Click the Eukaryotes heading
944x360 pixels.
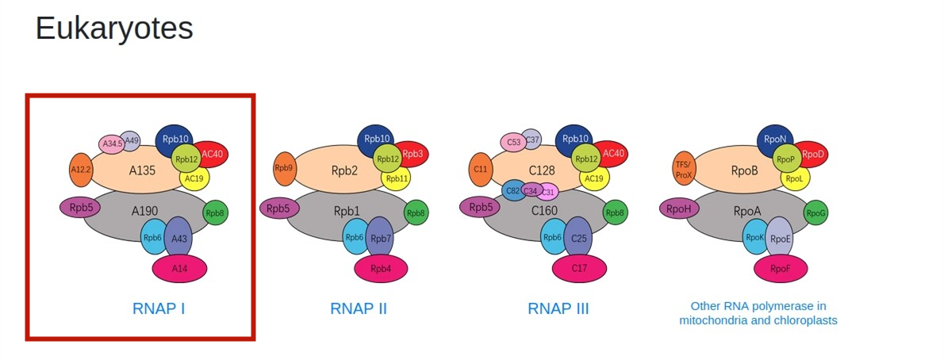tap(114, 29)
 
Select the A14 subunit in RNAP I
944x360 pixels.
tap(180, 268)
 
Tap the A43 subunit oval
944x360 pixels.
tap(178, 238)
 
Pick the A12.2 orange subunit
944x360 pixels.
tap(80, 170)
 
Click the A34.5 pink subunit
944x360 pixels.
tap(111, 144)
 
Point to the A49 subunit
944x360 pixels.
tap(131, 140)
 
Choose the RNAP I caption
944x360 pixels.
tap(159, 308)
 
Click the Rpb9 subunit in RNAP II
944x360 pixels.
tap(283, 169)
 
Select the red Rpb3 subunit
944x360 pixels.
tap(413, 154)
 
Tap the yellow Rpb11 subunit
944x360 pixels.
tap(397, 178)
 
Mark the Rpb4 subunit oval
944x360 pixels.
tap(382, 268)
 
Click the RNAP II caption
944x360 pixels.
tap(359, 308)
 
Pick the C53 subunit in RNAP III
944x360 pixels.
tap(513, 143)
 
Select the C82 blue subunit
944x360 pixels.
tap(512, 190)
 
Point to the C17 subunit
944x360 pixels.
tap(579, 268)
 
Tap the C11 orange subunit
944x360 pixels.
tap(480, 170)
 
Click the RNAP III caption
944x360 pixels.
tap(558, 308)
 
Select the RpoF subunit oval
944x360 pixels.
tap(781, 268)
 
